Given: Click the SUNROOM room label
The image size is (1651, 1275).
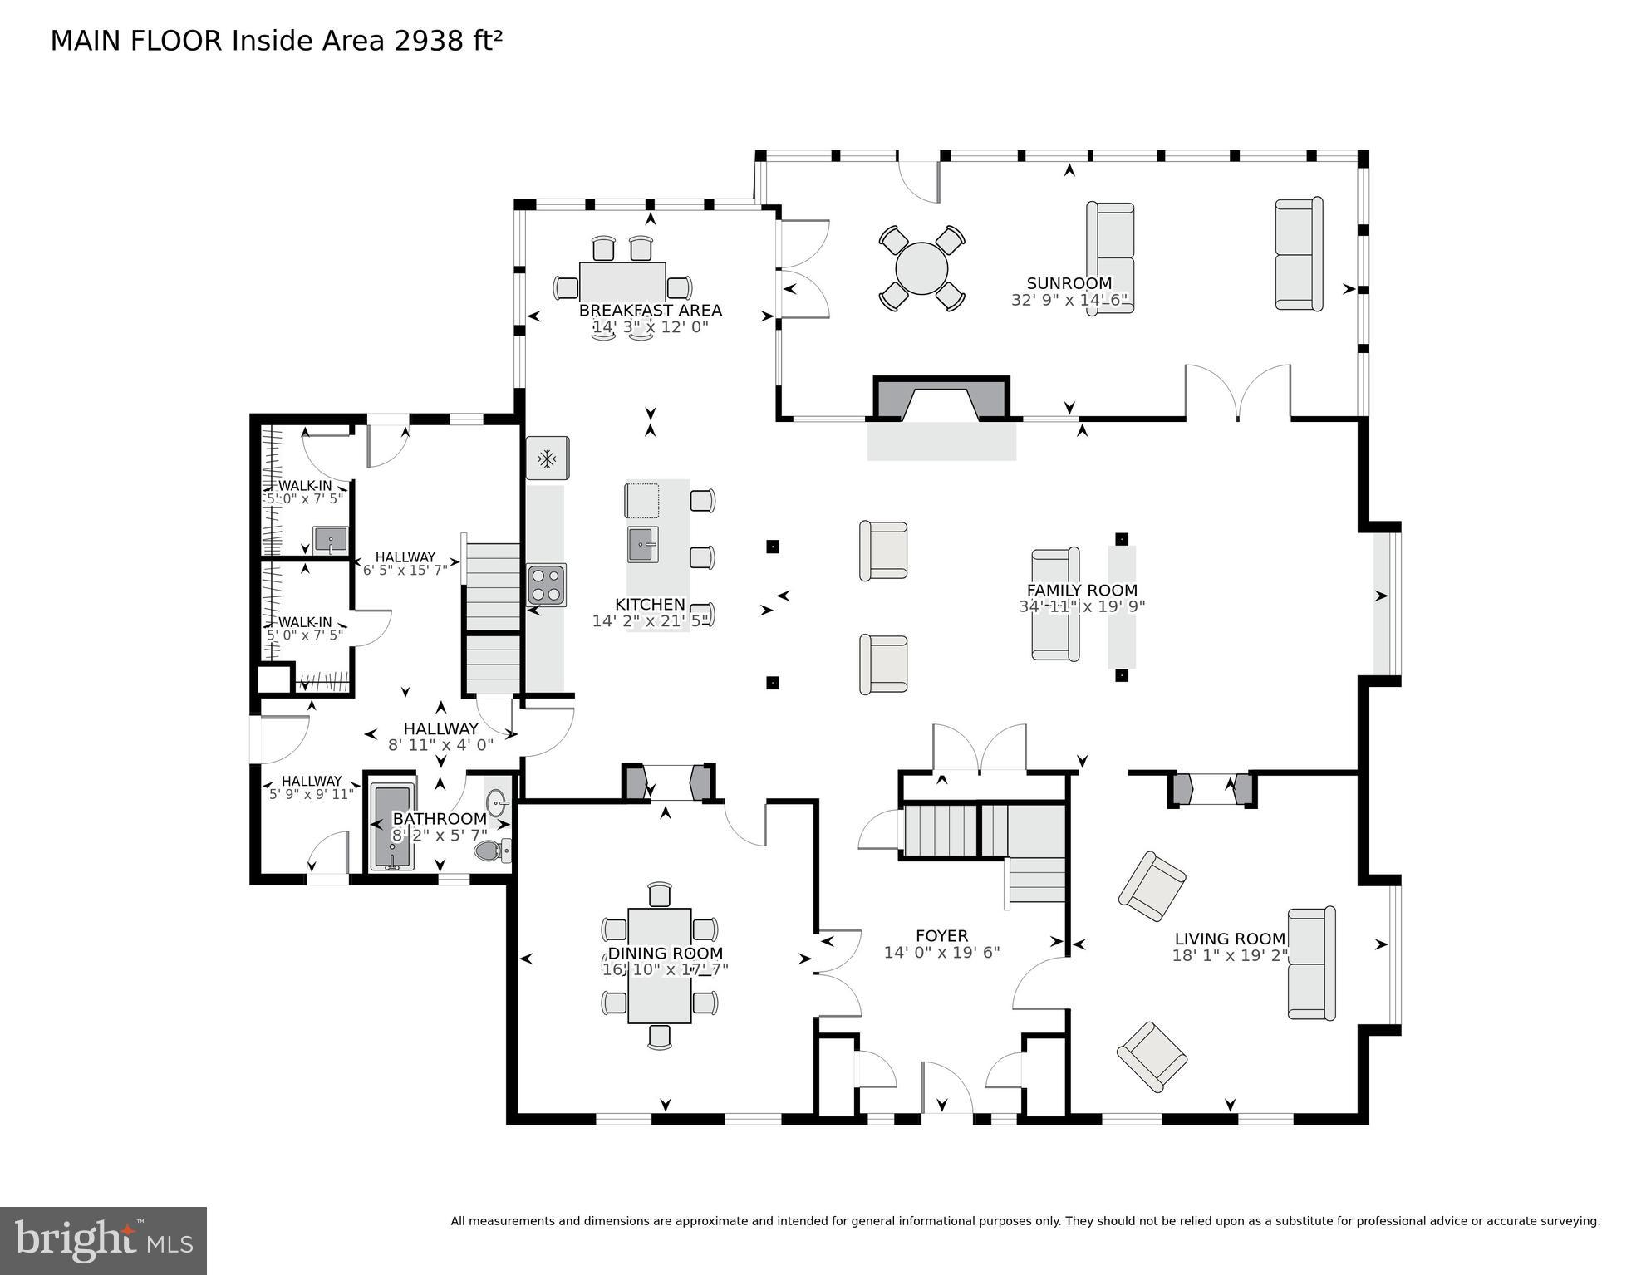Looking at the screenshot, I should coord(1069,283).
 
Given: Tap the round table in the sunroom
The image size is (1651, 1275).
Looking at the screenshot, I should coord(921,268).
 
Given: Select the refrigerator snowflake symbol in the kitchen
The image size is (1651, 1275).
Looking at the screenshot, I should coord(547,458).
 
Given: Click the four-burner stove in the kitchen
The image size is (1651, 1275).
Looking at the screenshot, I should coord(547,585).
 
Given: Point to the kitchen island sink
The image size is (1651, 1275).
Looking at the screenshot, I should coord(642,544).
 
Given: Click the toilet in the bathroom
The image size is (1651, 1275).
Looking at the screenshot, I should coord(492,851).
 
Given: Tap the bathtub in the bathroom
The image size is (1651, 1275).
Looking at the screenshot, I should coord(392,826).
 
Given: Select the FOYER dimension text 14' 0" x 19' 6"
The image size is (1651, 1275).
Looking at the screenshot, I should coord(941,953).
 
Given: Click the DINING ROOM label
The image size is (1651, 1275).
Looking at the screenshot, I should coord(665,954).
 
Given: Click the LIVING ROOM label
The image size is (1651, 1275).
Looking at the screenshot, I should coord(1229,939).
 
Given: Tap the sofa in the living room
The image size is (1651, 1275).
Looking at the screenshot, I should coord(1310,964).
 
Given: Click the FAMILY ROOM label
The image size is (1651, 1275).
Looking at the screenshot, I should coord(1082,591).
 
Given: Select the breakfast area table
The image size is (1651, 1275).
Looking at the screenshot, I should coord(622,282).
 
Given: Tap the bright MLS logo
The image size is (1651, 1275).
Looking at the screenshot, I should coord(103,1241).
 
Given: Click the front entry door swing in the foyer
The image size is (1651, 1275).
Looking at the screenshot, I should coord(946,1088).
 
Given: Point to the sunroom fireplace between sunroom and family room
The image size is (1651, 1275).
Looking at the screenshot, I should coord(941,400).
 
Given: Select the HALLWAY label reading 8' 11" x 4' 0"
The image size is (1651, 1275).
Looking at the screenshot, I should coord(440,737).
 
